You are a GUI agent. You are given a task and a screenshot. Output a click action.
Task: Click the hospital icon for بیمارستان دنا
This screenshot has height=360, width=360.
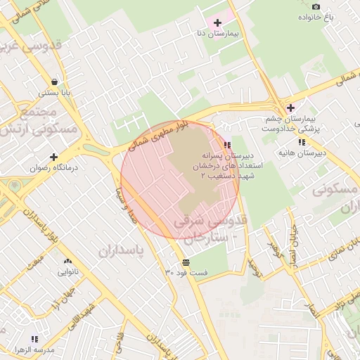click(x=217, y=22)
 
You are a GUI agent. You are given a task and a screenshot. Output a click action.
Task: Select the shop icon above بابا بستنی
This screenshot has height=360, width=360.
click(x=55, y=81)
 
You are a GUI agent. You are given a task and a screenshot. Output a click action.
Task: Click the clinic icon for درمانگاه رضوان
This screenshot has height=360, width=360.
click(x=53, y=157)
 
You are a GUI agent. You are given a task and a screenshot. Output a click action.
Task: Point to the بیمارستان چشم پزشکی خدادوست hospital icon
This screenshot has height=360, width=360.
click(x=290, y=108)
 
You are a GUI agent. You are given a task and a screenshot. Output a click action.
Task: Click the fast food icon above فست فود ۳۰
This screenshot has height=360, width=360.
click(x=175, y=262)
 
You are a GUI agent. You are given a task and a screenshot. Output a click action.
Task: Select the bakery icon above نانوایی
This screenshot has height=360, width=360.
click(x=67, y=262)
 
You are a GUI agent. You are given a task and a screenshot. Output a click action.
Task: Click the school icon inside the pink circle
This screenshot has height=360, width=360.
click(x=226, y=144)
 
